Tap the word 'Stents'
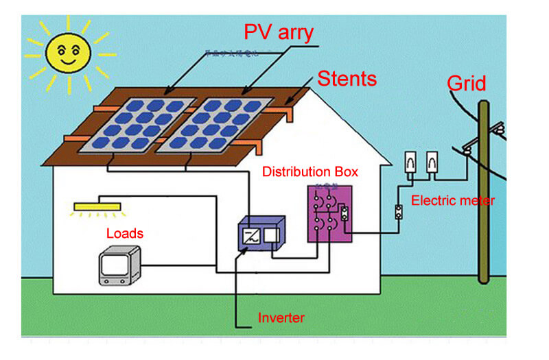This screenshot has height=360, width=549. tap(347, 78)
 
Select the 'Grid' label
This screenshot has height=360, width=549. tap(466, 84)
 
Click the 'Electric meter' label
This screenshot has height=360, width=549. tap(452, 201)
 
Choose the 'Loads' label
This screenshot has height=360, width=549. tap(125, 233)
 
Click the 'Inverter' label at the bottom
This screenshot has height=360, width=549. tap(281, 318)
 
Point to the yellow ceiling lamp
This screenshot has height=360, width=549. tap(97, 205)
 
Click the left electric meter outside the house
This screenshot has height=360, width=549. tap(409, 162)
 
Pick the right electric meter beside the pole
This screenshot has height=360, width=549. tap(432, 162)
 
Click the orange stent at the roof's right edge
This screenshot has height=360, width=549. tap(288, 110)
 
